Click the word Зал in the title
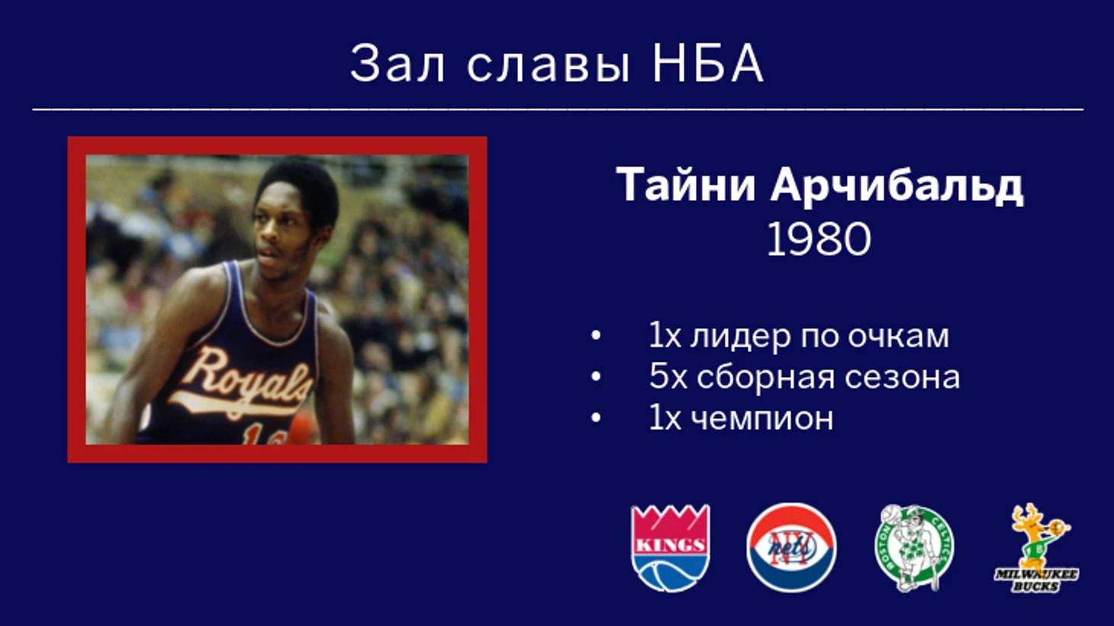[x=398, y=63]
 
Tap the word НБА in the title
[x=707, y=63]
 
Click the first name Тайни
[x=686, y=184]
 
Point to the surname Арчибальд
[x=897, y=185]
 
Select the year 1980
[x=819, y=240]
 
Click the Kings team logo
[x=670, y=548]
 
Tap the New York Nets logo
[x=791, y=548]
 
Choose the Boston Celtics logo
[x=914, y=548]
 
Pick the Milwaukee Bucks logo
[x=1037, y=548]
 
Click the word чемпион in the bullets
[x=762, y=419]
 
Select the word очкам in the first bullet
[x=898, y=336]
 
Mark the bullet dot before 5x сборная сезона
[x=595, y=376]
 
